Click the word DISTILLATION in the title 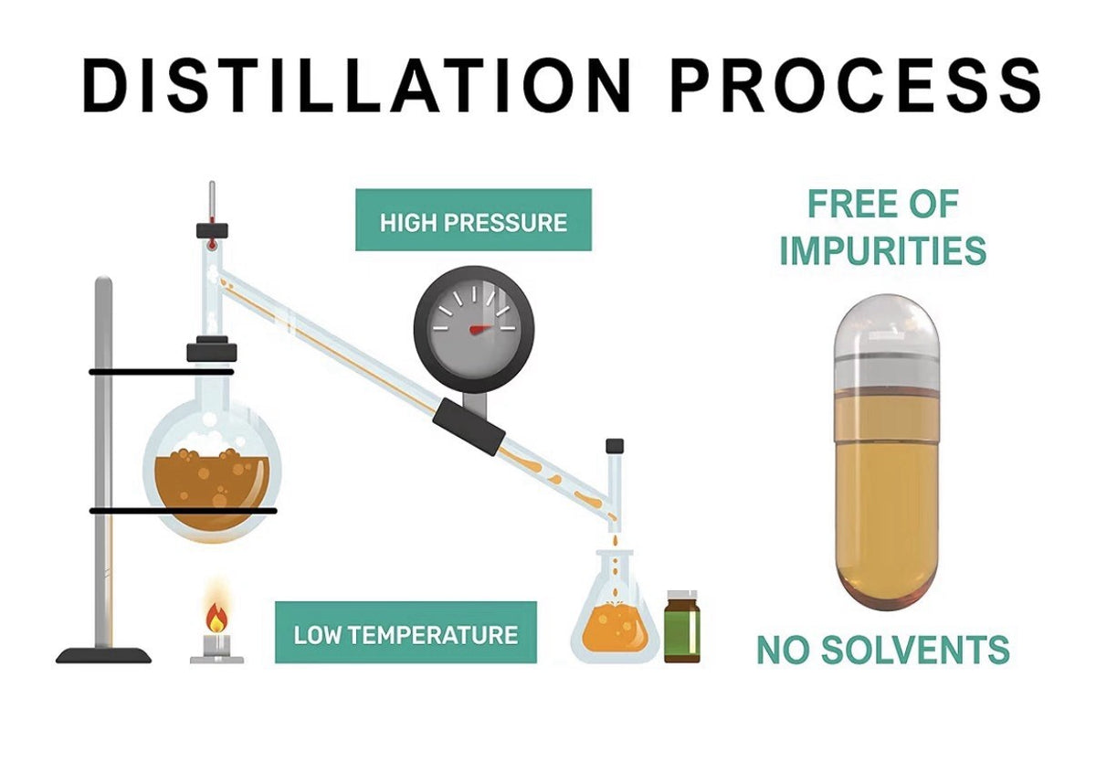(356, 86)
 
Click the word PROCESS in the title (855, 86)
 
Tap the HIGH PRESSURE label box (473, 220)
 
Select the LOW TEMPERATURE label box (406, 632)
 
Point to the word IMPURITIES (882, 250)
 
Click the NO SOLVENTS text (883, 650)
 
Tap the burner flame (216, 618)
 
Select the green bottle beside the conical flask (682, 627)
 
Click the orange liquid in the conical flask (615, 629)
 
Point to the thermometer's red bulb (211, 243)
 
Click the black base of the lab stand (103, 655)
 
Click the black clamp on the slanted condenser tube (469, 427)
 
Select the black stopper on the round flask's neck (212, 350)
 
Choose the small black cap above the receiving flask (615, 446)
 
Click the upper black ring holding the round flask (161, 372)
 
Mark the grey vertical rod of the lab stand (104, 461)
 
